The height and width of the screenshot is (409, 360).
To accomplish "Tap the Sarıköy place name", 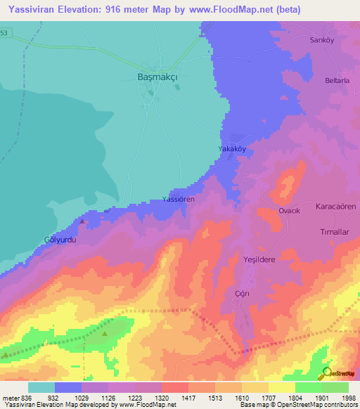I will coord(321,40).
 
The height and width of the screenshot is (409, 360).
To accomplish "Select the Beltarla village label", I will coord(328,82).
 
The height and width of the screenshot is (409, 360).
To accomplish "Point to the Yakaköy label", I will coord(233,150).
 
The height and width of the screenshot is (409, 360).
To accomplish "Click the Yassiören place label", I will coord(178,200).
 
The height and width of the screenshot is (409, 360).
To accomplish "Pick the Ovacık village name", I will coord(290,211).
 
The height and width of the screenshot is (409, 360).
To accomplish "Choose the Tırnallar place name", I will coord(335,232).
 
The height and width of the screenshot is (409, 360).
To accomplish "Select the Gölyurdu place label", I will coord(59,239).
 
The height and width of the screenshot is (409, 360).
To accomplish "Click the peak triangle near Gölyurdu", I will coord(82,221).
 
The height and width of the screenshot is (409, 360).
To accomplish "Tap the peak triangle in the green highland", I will coord(105,334).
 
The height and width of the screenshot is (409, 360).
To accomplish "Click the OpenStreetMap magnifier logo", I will coord(326,372).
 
